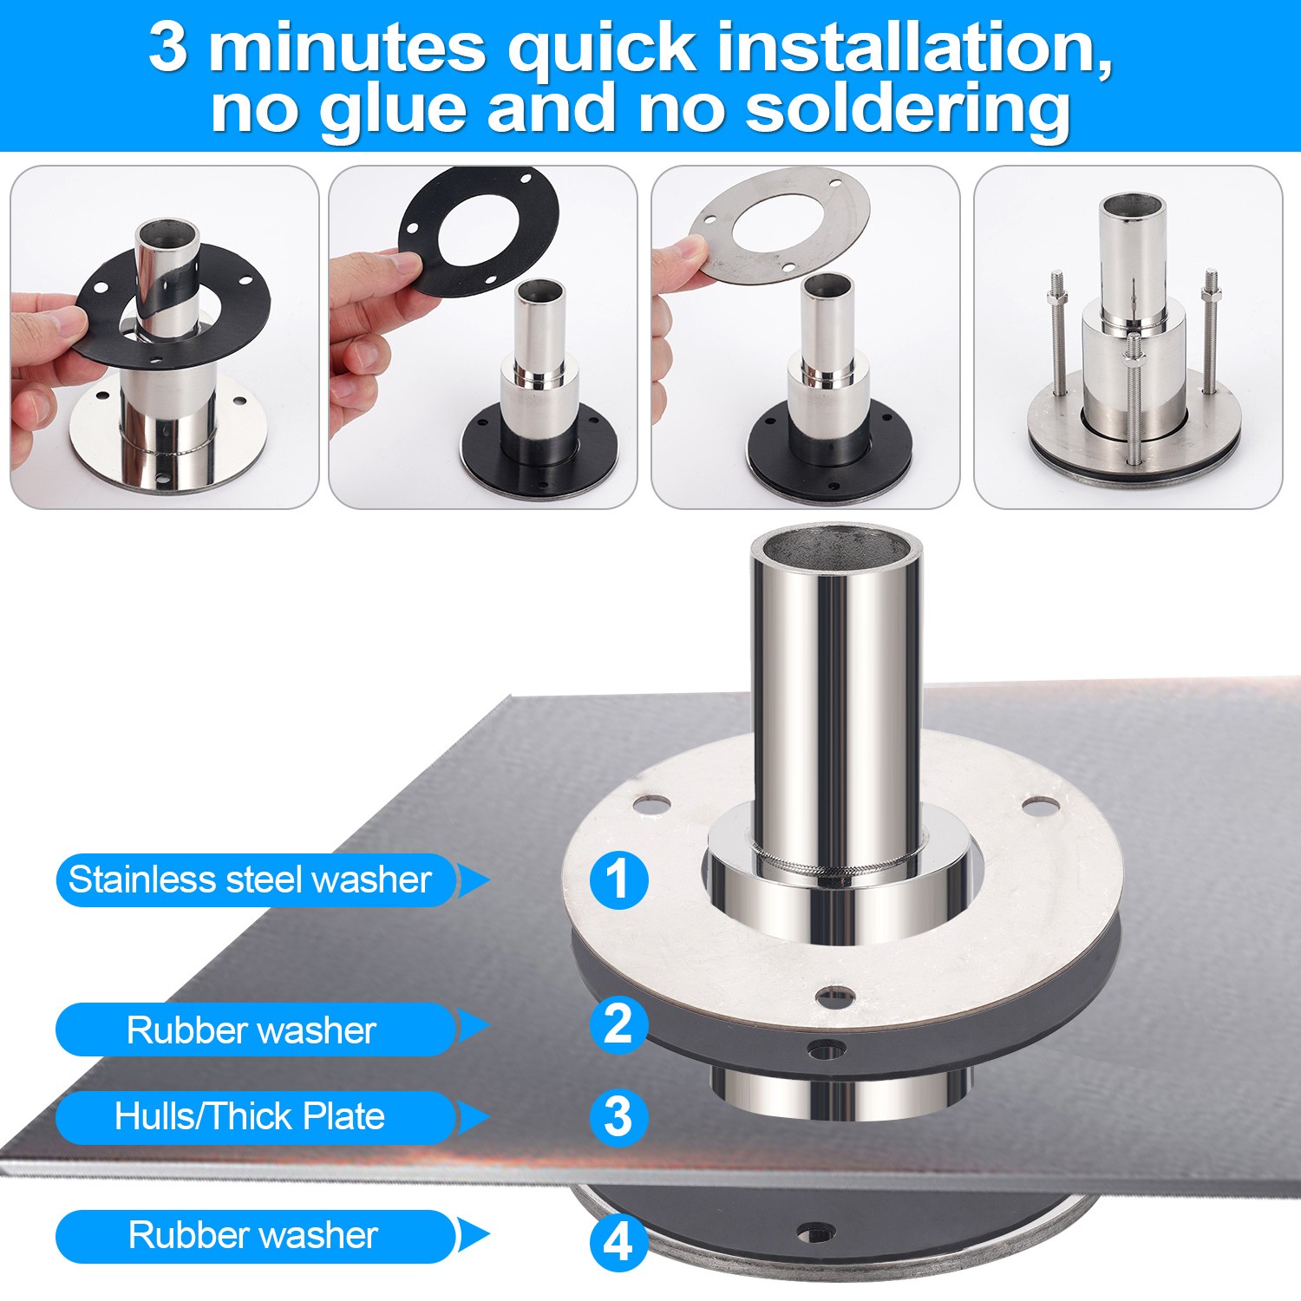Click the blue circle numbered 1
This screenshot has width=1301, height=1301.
tap(618, 880)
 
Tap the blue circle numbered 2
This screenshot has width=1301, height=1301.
tap(618, 1024)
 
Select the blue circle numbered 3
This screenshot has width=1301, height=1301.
tap(618, 1117)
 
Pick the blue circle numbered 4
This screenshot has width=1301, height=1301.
tap(618, 1243)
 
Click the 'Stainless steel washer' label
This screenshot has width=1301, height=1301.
tap(251, 880)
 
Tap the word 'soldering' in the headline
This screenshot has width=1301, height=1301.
tap(908, 110)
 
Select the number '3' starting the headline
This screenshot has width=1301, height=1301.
tap(167, 47)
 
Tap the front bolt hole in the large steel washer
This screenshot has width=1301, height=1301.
tap(835, 995)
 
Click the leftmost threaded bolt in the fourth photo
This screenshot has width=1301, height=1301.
tap(1060, 333)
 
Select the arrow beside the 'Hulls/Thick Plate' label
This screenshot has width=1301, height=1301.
tap(473, 1117)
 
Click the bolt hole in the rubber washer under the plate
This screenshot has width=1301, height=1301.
tap(817, 1232)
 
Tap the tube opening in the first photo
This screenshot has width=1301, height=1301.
tap(167, 233)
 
